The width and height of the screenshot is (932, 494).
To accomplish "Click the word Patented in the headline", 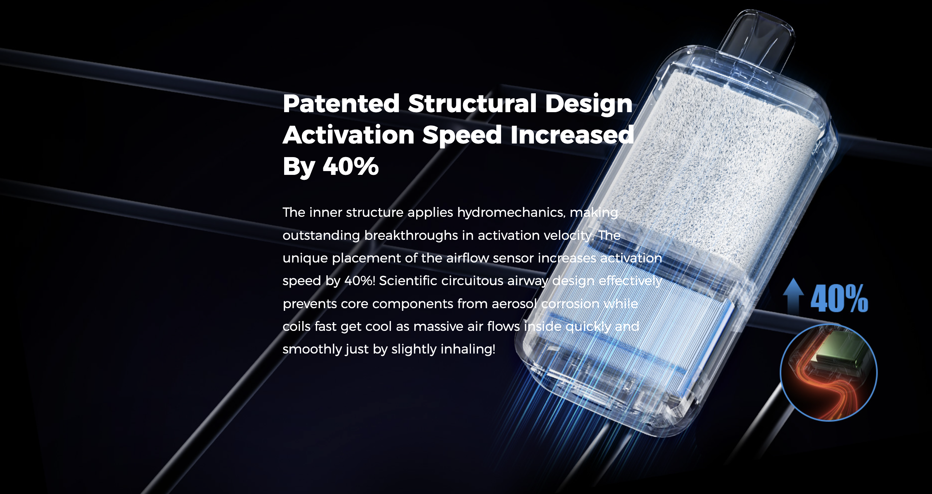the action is click(341, 103).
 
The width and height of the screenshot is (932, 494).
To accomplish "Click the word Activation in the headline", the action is click(348, 135).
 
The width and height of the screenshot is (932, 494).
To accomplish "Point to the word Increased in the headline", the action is click(572, 135).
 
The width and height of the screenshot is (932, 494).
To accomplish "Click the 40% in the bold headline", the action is click(351, 166).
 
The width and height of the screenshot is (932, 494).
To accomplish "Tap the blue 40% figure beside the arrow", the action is click(839, 299).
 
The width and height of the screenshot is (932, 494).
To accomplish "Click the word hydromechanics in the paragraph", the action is click(511, 213).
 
